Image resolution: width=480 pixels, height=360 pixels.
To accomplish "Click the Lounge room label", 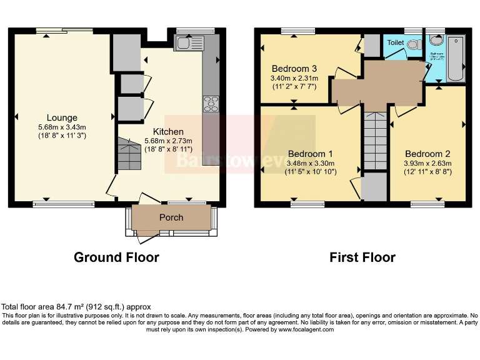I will click(x=62, y=117).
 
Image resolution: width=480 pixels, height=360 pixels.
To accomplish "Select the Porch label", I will click(x=171, y=217).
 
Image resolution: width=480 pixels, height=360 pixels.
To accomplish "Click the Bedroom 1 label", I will click(x=310, y=154).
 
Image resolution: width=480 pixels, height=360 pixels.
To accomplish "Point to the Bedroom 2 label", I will click(x=427, y=154).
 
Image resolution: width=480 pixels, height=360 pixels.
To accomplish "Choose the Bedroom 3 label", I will click(x=294, y=68).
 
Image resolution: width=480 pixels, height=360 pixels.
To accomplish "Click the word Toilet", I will click(x=396, y=42).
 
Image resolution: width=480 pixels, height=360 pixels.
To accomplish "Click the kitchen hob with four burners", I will click(x=211, y=104).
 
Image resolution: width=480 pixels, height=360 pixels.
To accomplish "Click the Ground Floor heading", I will click(x=116, y=257).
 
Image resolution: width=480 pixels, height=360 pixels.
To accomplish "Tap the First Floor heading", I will click(x=362, y=257).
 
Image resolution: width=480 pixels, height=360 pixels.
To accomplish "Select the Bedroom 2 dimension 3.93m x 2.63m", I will click(x=427, y=164).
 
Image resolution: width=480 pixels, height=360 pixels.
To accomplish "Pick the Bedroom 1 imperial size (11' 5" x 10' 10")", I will click(x=310, y=172).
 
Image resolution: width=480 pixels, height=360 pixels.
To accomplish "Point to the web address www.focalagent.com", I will click(x=306, y=329).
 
